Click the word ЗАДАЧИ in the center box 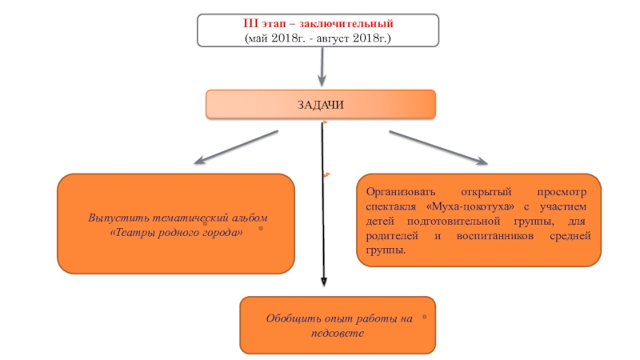pos(321,105)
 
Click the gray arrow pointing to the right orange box pos(438,149)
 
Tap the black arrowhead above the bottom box pos(323,282)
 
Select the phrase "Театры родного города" pos(178,232)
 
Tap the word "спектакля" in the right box pos(390,206)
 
